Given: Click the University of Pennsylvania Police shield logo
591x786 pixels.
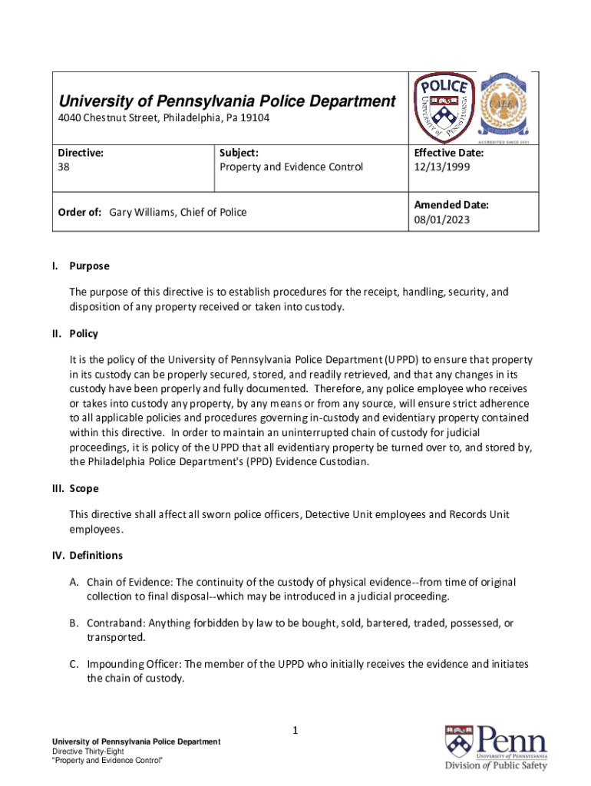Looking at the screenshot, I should click(444, 108).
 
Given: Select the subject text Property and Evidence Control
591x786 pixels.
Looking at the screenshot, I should click(291, 167).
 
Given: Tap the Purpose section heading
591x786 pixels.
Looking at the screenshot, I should click(89, 266).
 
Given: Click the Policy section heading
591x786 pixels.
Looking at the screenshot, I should click(84, 334).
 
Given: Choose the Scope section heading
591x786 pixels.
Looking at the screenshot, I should click(84, 488).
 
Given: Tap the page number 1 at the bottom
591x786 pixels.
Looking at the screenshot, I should click(294, 731).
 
